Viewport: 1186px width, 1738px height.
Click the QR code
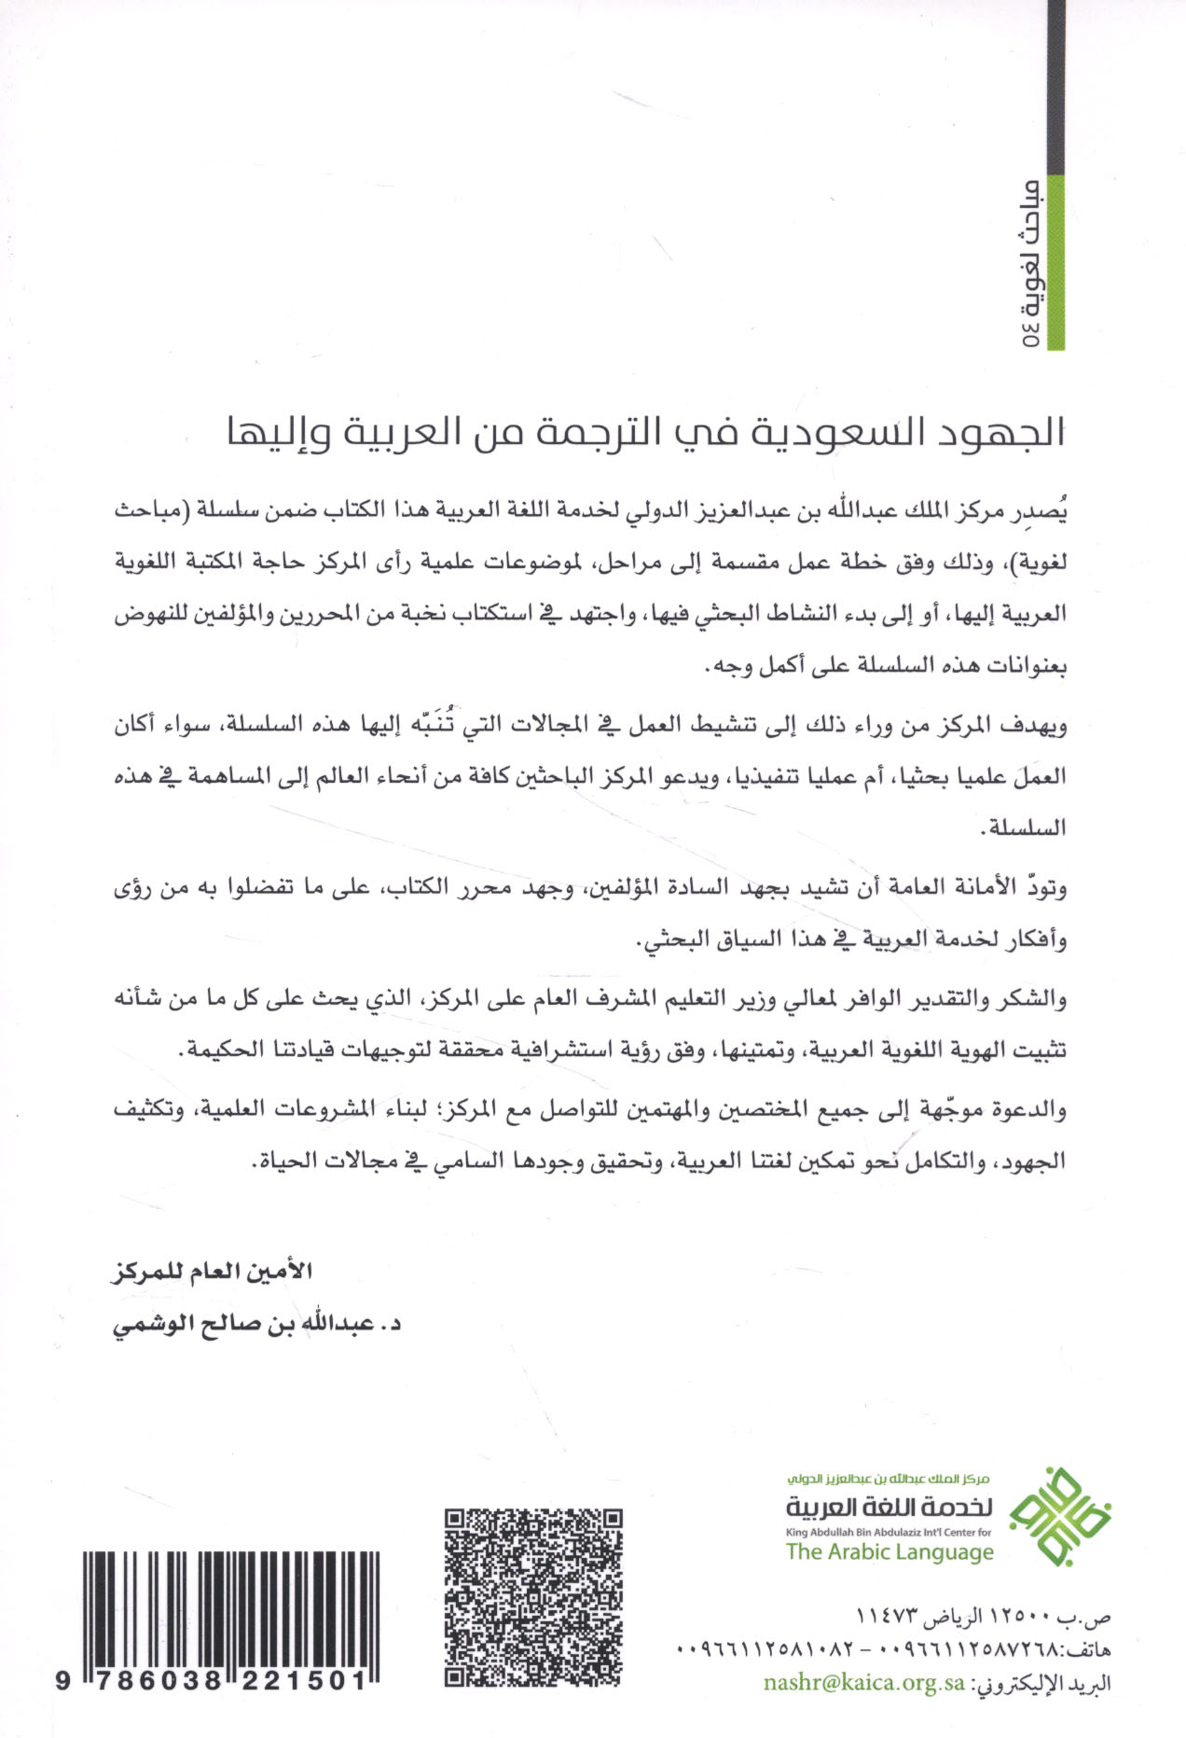pyautogui.click(x=532, y=1596)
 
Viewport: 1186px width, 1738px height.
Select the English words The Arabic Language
pyautogui.click(x=889, y=1551)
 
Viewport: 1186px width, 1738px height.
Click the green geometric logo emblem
pyautogui.click(x=1062, y=1516)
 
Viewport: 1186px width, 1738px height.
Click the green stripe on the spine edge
pyautogui.click(x=1056, y=261)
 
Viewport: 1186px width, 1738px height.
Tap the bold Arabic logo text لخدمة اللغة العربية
pyautogui.click(x=889, y=1507)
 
